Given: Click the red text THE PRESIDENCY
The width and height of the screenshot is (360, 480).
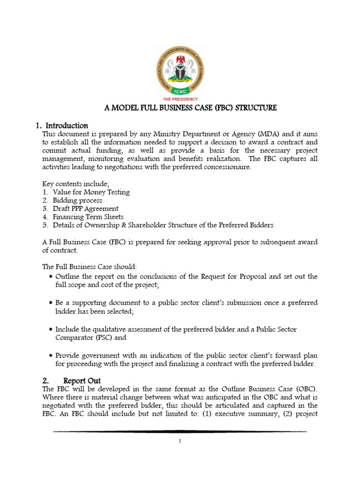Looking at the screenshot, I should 180,100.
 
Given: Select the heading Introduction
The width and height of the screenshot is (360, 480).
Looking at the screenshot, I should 66,126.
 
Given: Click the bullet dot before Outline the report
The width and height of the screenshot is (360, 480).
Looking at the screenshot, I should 51,277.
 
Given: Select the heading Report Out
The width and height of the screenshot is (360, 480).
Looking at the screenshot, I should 82,380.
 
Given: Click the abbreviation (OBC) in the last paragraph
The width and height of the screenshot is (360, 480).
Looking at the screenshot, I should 306,389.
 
